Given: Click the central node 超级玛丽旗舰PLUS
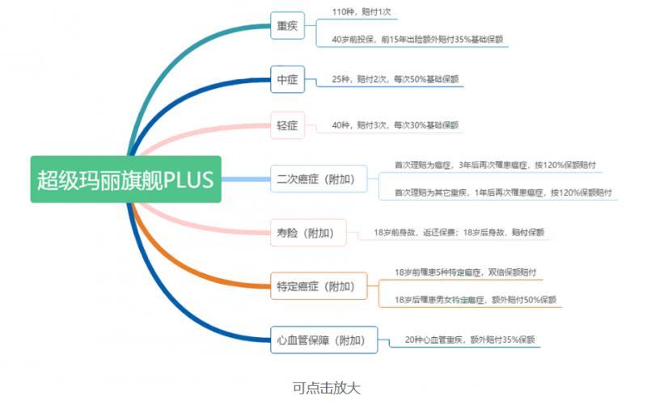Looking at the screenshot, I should [x=125, y=179].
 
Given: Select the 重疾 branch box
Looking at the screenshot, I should [x=287, y=27].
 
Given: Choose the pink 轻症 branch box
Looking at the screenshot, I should [x=287, y=125].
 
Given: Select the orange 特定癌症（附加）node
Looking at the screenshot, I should [x=316, y=285].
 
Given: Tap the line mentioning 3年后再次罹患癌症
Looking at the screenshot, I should [x=495, y=165].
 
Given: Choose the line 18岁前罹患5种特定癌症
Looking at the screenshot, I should [x=465, y=272].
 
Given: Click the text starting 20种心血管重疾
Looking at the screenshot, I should [x=470, y=340].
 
